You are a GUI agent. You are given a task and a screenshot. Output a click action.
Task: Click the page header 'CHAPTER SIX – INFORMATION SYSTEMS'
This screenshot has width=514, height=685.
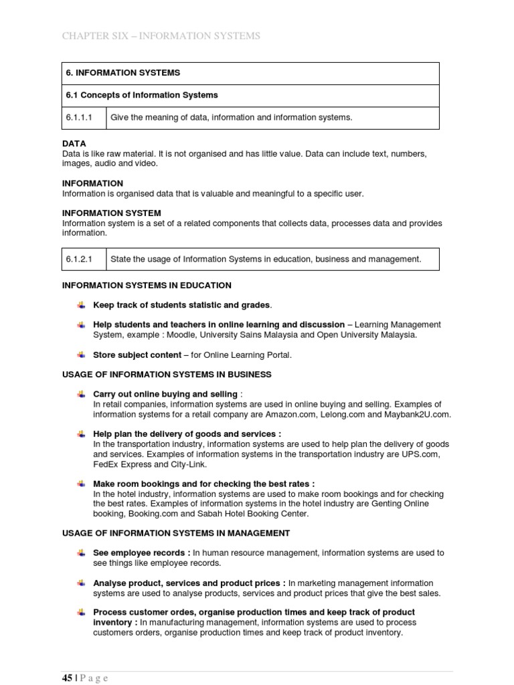point(161,36)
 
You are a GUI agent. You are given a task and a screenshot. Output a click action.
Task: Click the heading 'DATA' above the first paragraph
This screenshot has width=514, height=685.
point(74,144)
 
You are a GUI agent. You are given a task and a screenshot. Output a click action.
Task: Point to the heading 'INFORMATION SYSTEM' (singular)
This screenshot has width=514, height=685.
point(112,213)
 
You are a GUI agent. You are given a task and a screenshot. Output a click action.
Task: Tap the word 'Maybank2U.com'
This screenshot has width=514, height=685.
point(417,415)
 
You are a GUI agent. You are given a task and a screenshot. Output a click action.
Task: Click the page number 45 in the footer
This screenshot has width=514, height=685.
point(67,678)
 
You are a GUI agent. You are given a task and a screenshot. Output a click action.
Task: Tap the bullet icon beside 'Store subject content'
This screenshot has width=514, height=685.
point(81,355)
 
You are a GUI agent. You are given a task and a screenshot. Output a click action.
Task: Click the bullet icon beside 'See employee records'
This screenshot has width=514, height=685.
point(81,553)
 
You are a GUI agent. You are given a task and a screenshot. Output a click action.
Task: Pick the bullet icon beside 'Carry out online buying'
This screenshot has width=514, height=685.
point(81,394)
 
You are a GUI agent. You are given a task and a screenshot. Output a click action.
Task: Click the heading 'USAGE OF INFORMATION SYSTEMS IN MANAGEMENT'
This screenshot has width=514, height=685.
point(176,533)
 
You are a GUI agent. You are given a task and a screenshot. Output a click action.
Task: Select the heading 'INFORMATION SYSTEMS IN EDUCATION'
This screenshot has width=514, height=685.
point(147,285)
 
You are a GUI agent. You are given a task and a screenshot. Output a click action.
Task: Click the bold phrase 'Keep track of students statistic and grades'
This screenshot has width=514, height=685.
point(181,305)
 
